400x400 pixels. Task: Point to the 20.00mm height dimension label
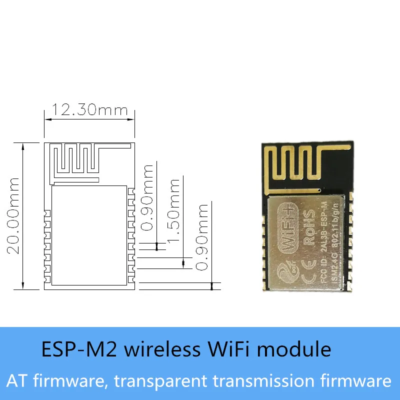pyautogui.click(x=13, y=215)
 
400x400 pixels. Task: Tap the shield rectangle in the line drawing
pyautogui.click(x=89, y=235)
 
